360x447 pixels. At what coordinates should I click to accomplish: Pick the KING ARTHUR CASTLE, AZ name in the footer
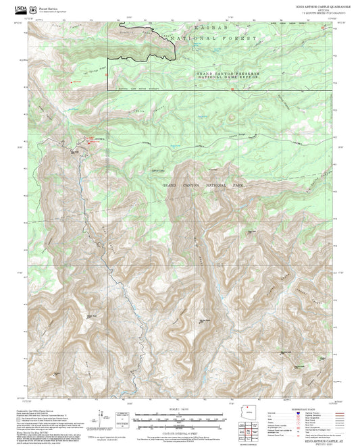pyautogui.click(x=316, y=437)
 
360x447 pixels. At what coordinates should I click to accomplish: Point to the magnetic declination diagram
pyautogui.click(x=122, y=414)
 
